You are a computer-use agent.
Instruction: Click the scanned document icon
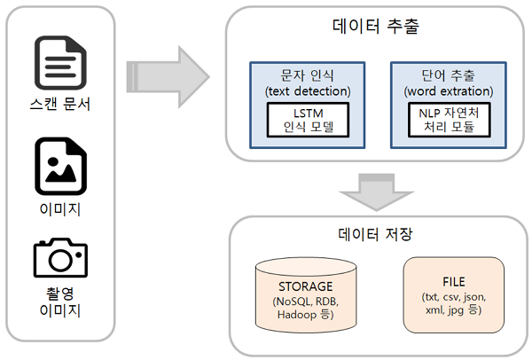(59, 63)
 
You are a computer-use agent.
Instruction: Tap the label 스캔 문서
(59, 105)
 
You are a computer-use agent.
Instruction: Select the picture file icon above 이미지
(59, 166)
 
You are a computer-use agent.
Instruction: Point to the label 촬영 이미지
(59, 301)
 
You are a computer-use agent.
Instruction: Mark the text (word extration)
(447, 90)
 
